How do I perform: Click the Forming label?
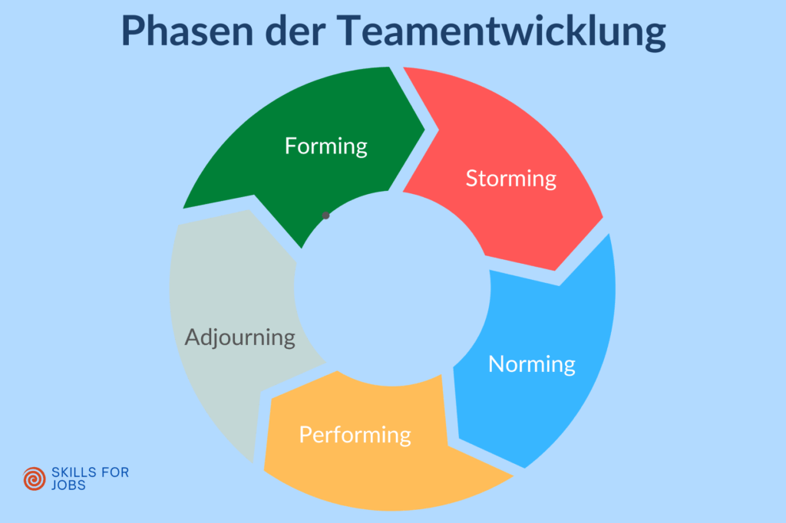click(326, 146)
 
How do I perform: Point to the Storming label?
click(510, 179)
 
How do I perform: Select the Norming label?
click(532, 363)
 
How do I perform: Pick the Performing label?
click(355, 435)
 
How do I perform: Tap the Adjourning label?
click(240, 337)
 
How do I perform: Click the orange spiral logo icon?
click(35, 479)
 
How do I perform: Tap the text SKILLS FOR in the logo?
click(89, 472)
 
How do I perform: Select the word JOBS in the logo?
click(66, 485)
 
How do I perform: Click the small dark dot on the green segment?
click(325, 215)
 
